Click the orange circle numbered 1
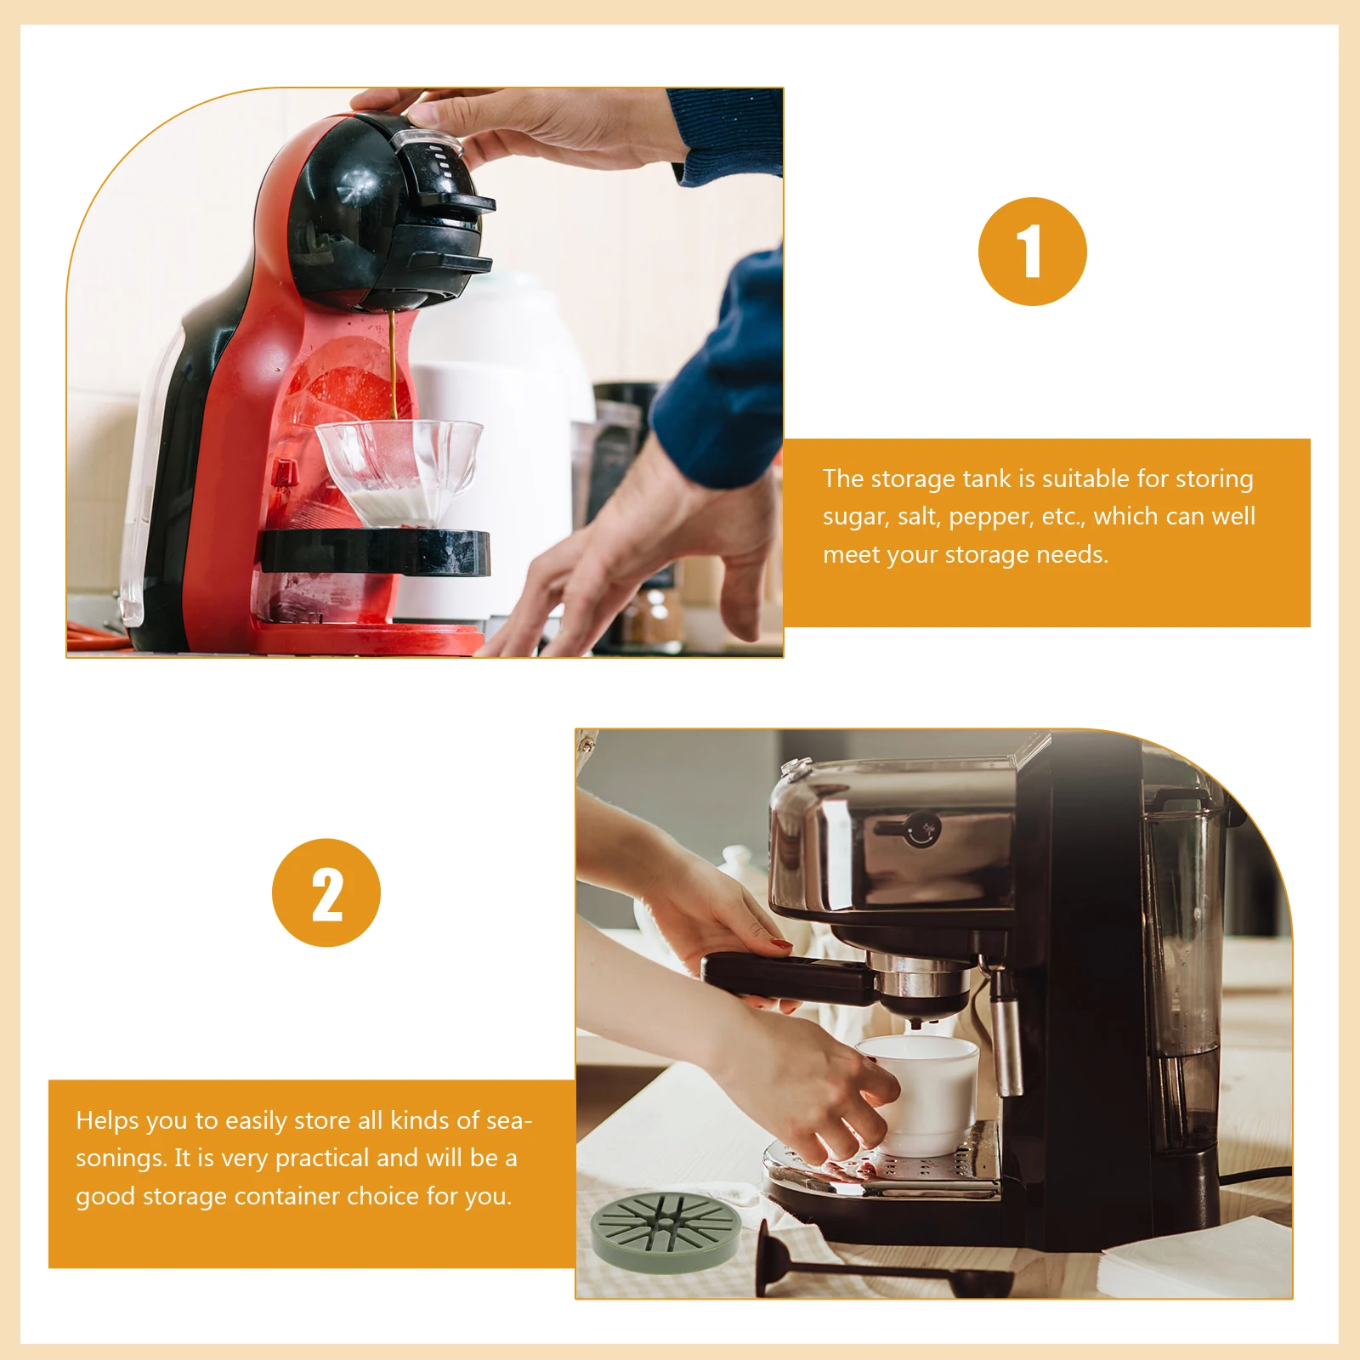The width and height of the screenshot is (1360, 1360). pyautogui.click(x=1032, y=252)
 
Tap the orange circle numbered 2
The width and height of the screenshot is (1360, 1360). pyautogui.click(x=326, y=892)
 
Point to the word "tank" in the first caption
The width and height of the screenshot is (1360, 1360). pyautogui.click(x=987, y=479)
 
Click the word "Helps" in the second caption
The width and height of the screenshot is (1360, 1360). pyautogui.click(x=107, y=1121)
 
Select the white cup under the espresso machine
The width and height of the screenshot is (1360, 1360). pyautogui.click(x=922, y=1094)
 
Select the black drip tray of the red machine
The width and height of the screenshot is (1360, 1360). pyautogui.click(x=374, y=551)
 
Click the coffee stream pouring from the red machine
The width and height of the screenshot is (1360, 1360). pyautogui.click(x=393, y=365)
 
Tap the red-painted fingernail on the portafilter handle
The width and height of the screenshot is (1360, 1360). pyautogui.click(x=781, y=944)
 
